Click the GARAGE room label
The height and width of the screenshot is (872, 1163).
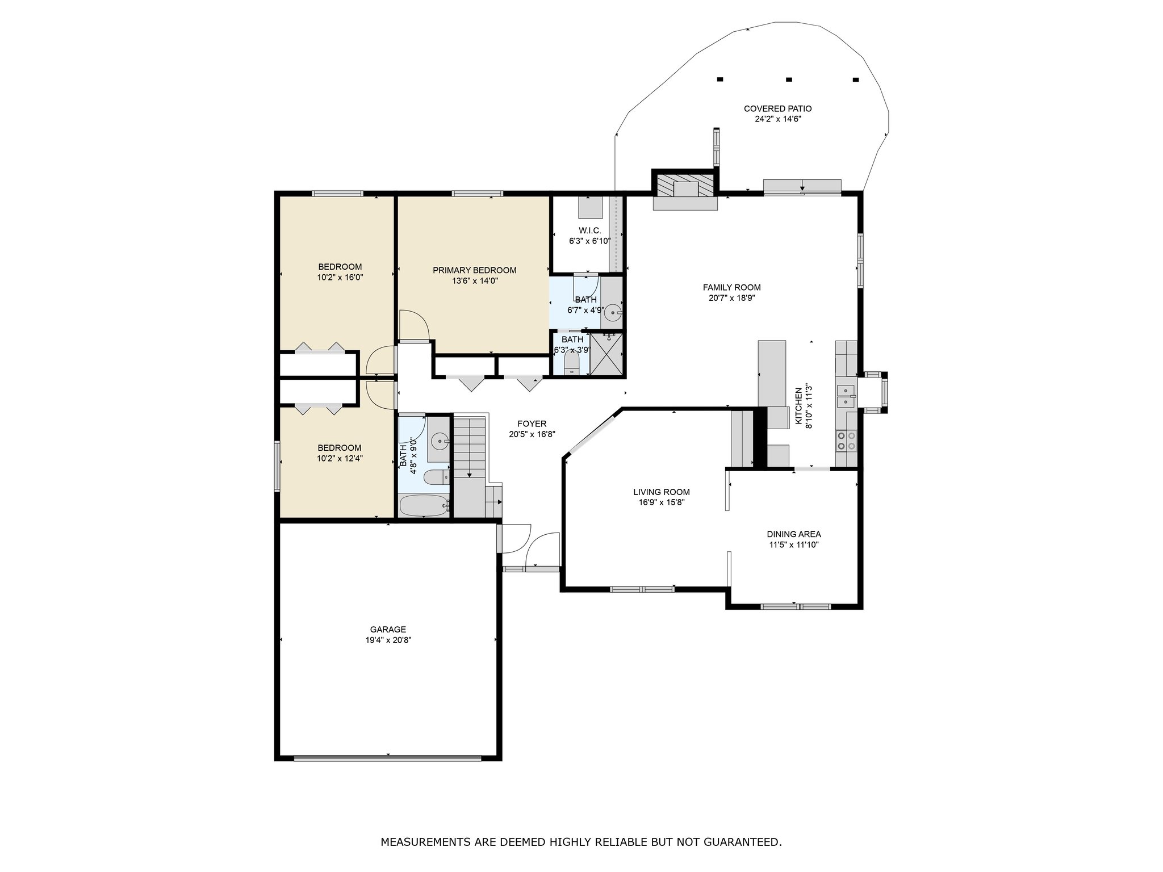click(x=388, y=629)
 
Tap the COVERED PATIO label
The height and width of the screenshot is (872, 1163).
click(x=777, y=108)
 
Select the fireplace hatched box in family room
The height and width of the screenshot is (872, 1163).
click(x=684, y=186)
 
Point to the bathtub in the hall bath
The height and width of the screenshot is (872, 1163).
click(x=424, y=504)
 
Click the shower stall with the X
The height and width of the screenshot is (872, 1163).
click(x=607, y=354)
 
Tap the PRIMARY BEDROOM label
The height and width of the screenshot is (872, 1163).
click(x=475, y=270)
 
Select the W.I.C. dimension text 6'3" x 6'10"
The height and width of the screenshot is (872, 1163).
click(x=590, y=241)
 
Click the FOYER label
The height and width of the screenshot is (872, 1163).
click(x=532, y=424)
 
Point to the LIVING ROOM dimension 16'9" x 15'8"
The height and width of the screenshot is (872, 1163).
click(x=662, y=502)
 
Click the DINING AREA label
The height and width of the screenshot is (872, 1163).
click(x=794, y=534)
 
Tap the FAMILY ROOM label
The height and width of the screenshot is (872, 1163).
click(x=731, y=287)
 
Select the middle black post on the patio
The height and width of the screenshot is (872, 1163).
click(x=789, y=79)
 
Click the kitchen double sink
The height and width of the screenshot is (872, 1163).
click(x=846, y=396)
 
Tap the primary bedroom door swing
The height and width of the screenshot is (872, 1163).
click(x=415, y=325)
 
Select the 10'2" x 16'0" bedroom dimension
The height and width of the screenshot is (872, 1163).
click(x=340, y=278)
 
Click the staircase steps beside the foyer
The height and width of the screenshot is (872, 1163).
click(x=470, y=446)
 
